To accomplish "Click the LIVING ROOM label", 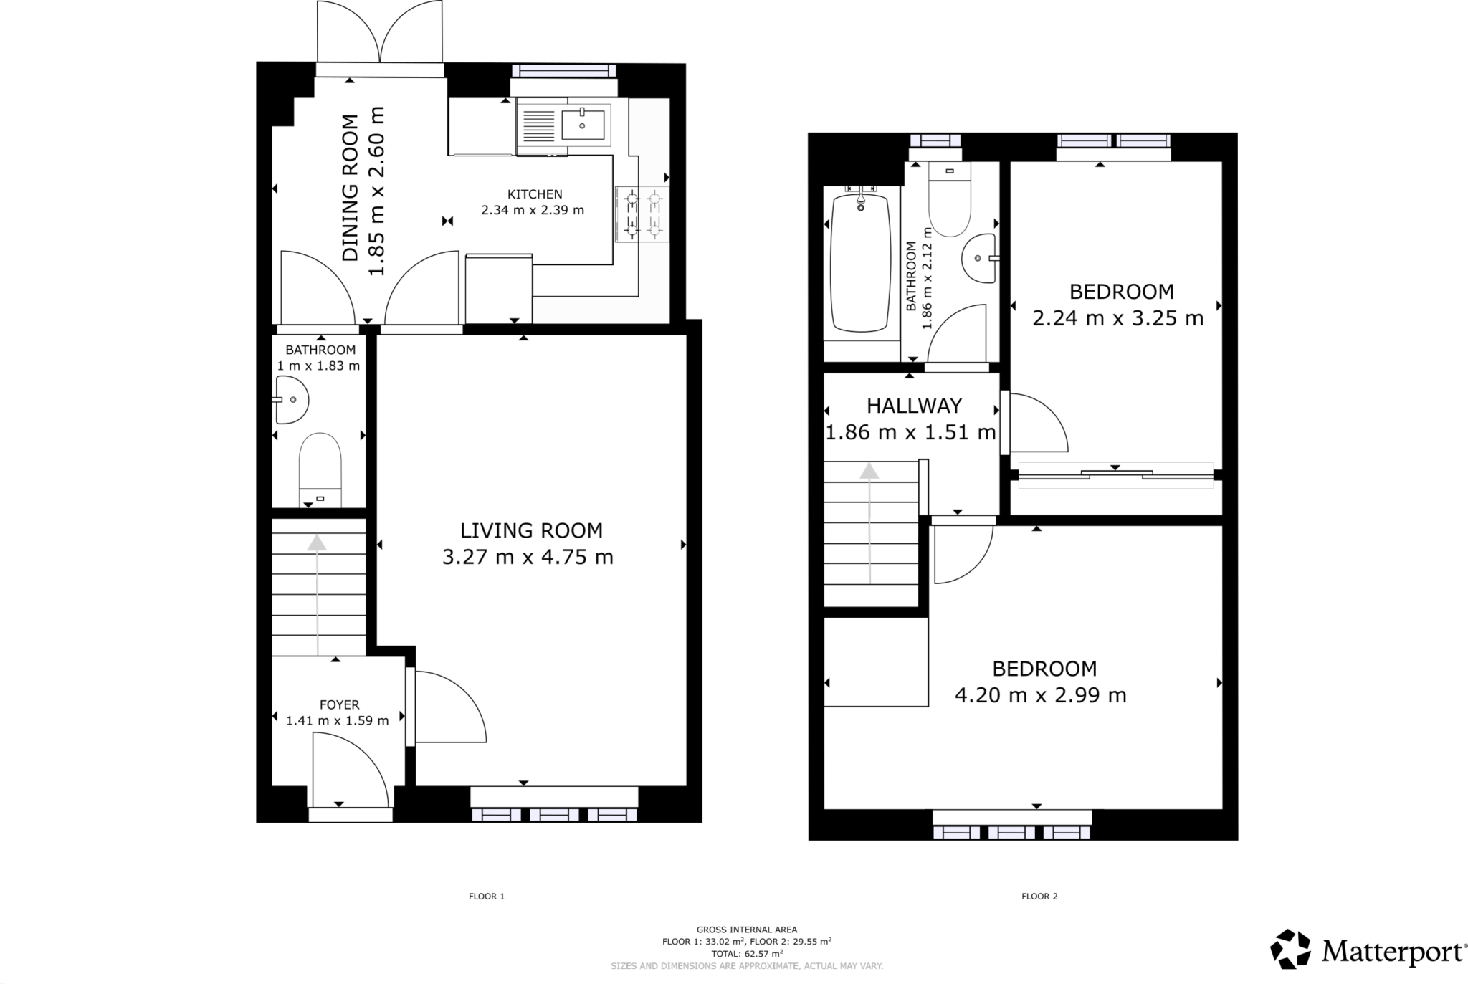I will click(x=530, y=531).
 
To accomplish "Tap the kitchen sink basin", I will click(x=582, y=125).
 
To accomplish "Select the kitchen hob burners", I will click(x=642, y=214).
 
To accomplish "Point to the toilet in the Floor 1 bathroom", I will click(x=320, y=466).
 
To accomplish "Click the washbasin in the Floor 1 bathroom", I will click(x=292, y=400).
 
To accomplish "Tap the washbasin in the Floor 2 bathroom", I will click(x=980, y=258).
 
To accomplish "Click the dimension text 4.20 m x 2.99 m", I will click(x=1040, y=695).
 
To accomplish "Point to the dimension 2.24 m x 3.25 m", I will click(x=1117, y=318).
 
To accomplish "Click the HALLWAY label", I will click(x=914, y=406).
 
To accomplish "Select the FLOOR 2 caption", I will click(x=1039, y=896).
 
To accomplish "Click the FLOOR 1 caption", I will click(x=487, y=896).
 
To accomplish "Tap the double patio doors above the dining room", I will click(x=380, y=32).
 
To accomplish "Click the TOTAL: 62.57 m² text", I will click(x=746, y=954).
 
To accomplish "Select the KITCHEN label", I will click(x=535, y=194).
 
